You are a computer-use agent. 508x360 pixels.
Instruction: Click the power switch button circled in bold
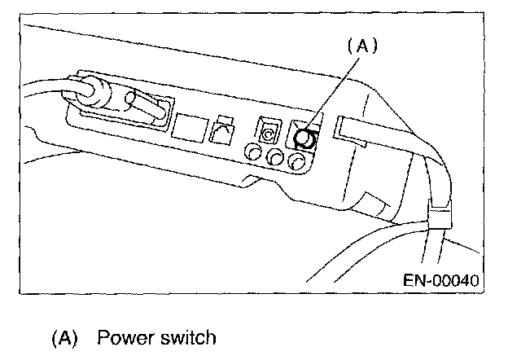(x=305, y=138)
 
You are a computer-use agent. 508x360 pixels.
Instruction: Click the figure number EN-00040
(x=440, y=280)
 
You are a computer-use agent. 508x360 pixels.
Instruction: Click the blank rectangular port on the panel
(x=188, y=125)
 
